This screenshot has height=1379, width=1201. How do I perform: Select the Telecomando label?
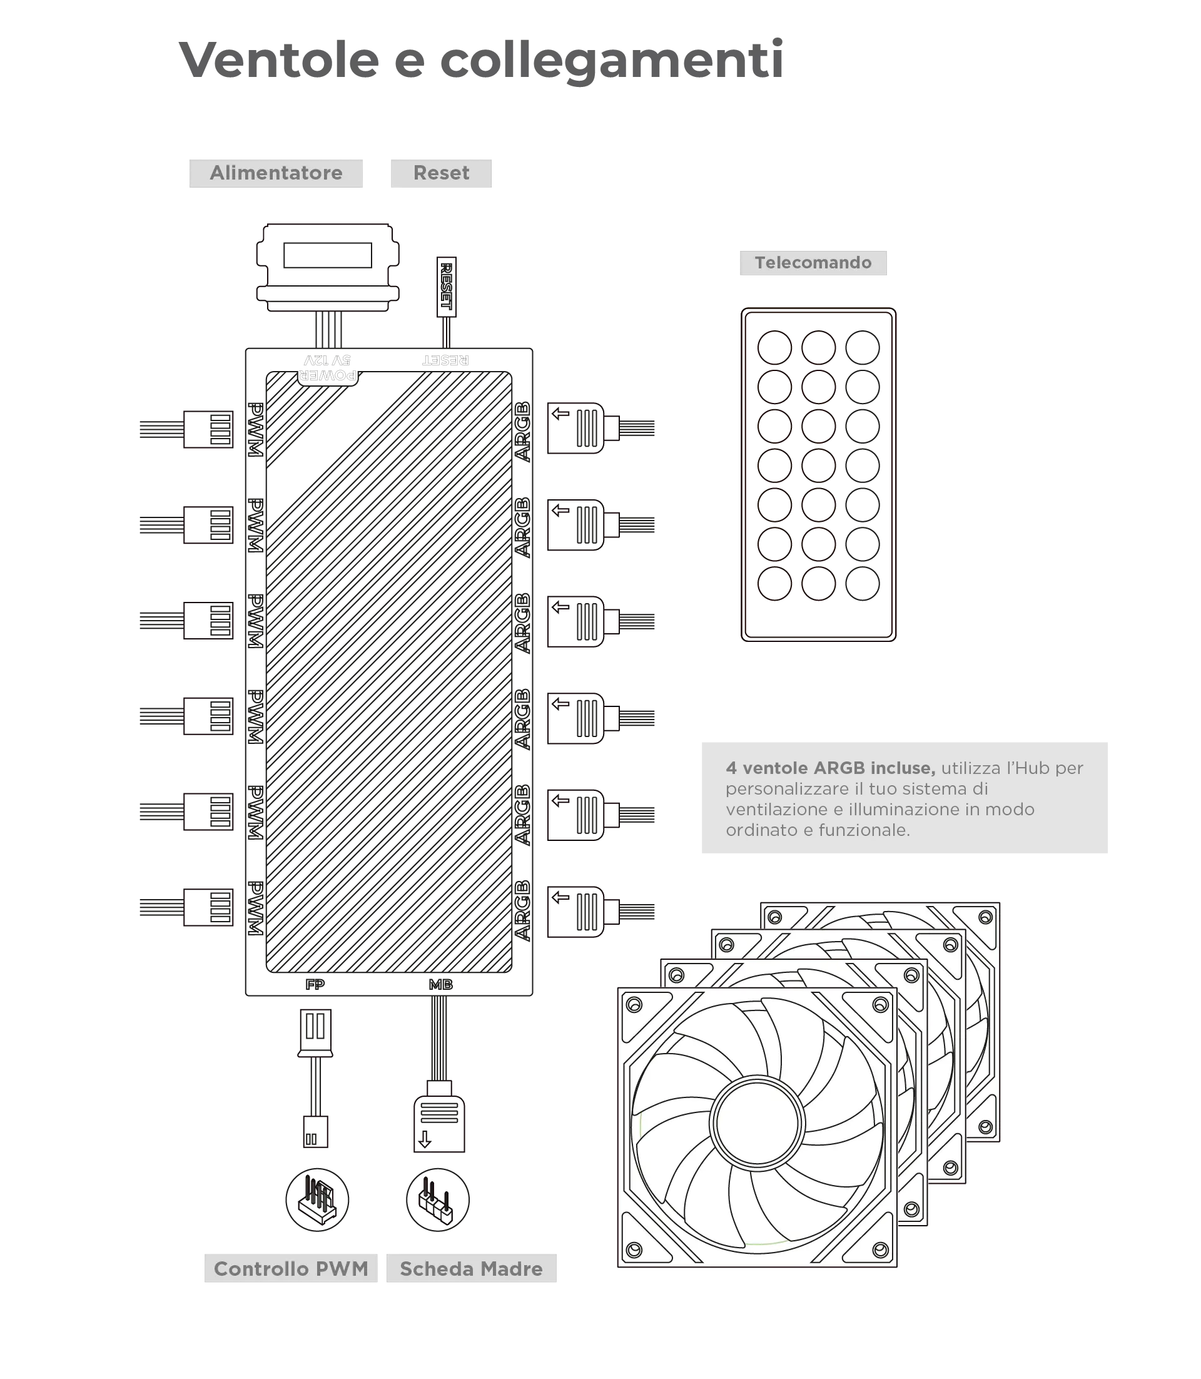point(813,263)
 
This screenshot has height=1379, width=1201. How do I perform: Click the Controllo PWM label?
point(291,1268)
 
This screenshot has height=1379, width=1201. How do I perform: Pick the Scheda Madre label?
point(471,1268)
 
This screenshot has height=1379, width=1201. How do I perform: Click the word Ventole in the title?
point(279,59)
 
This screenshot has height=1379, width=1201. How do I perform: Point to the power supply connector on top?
point(328,268)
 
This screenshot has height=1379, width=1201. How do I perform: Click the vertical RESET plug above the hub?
point(447,287)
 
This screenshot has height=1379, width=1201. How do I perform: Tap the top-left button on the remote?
point(775,347)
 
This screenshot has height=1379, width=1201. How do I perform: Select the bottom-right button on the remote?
point(863,583)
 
